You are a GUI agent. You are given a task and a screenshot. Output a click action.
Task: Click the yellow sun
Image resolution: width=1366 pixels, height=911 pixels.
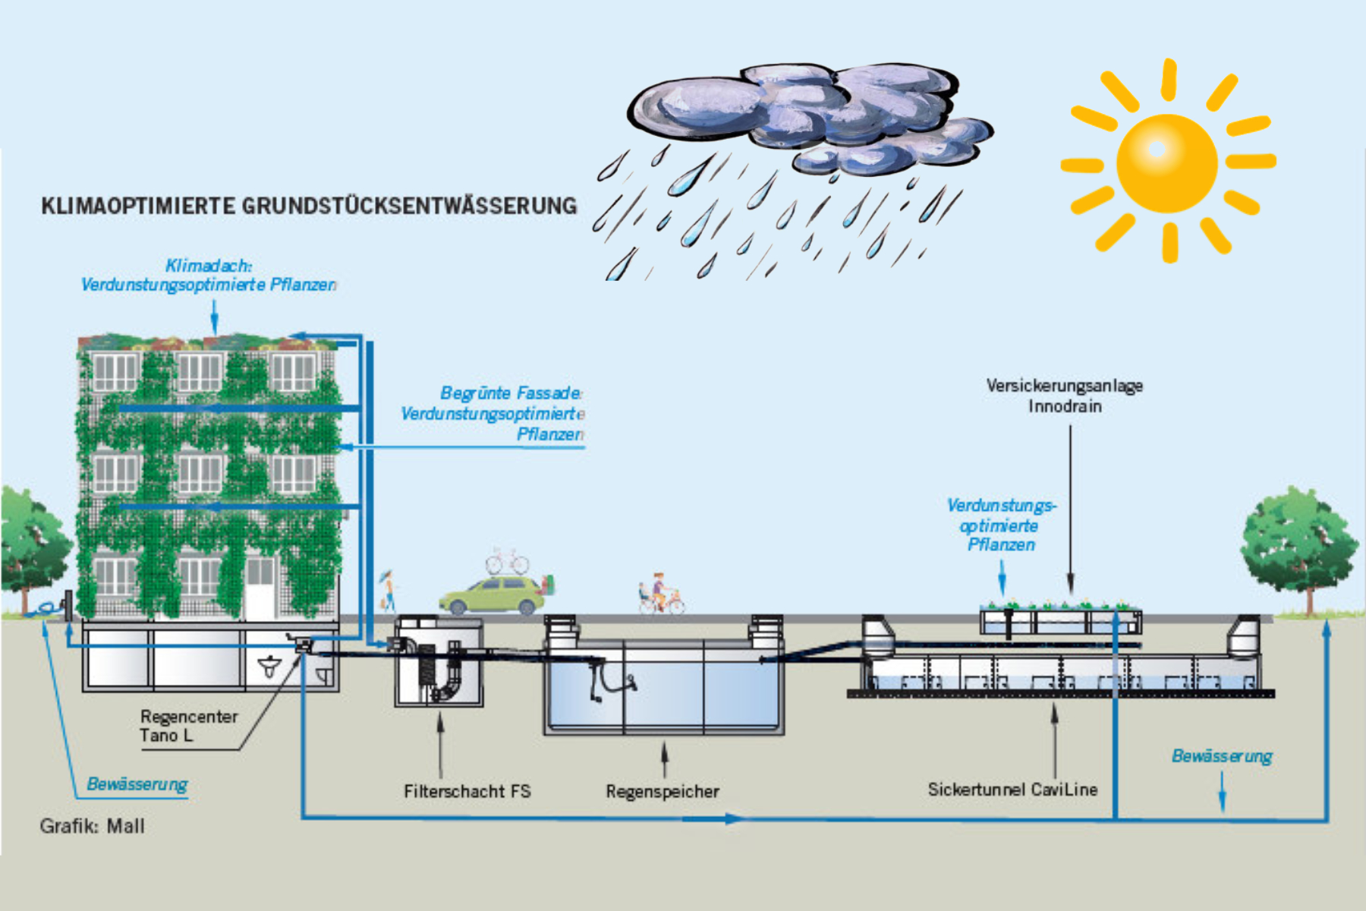click(1166, 162)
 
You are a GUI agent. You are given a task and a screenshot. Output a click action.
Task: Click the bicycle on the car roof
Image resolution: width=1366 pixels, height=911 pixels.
click(507, 563)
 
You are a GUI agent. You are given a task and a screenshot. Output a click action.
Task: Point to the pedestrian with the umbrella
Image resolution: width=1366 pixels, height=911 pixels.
click(389, 590)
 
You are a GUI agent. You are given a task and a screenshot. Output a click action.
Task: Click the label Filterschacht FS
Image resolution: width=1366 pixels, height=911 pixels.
click(467, 791)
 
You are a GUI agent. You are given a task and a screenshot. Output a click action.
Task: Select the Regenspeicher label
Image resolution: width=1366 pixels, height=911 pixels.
click(663, 791)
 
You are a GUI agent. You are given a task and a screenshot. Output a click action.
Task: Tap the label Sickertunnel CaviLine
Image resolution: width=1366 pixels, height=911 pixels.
click(1012, 790)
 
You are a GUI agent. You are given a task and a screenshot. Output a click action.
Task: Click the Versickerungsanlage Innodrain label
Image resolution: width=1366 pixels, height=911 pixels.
click(1065, 396)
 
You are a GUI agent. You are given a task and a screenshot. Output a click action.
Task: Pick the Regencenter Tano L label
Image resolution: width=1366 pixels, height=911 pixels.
click(188, 726)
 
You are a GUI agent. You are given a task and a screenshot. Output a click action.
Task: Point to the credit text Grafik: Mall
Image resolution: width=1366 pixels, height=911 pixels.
click(92, 826)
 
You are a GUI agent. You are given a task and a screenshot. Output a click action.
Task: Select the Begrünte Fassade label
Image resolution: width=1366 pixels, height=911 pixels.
click(510, 393)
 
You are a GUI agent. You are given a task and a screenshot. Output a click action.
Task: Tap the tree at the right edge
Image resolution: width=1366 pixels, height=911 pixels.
click(1298, 543)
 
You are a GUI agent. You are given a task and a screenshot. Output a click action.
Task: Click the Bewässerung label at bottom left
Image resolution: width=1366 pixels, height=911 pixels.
click(137, 783)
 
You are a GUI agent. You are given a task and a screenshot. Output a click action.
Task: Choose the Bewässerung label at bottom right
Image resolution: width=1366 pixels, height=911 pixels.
click(1221, 756)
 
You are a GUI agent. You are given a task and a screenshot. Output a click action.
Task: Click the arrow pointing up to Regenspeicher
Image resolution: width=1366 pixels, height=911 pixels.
click(665, 759)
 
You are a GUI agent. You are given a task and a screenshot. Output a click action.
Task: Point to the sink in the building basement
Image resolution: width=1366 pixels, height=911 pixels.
click(269, 667)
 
